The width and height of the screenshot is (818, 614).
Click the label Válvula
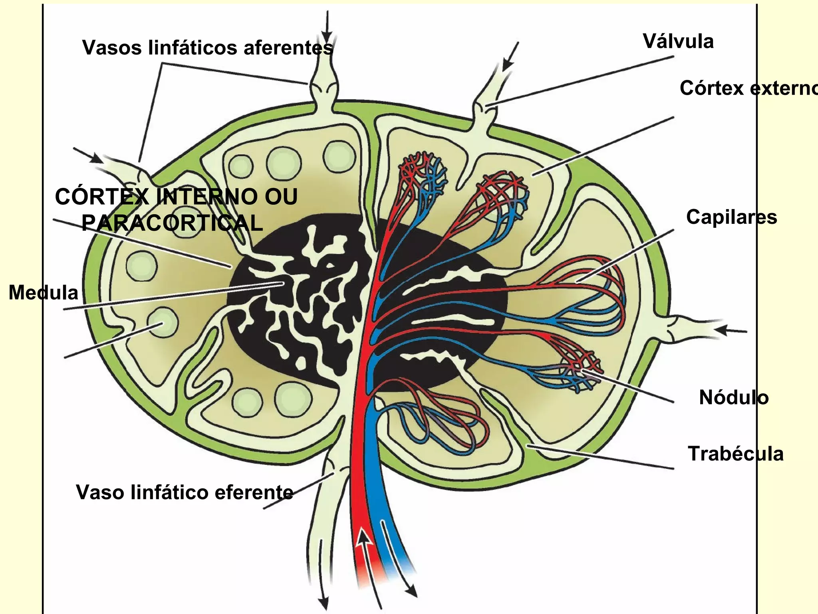coord(678,42)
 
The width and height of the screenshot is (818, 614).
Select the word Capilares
coord(731,217)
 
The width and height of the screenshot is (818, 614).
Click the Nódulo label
coord(733,397)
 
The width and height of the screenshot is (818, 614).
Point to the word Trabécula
coord(735,454)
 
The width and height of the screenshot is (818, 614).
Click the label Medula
coord(43,292)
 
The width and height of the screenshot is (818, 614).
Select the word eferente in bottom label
coord(254,492)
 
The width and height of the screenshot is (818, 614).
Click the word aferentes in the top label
coord(288,48)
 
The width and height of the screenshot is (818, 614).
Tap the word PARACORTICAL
coord(172,223)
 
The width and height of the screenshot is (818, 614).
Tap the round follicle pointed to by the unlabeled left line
coord(162,322)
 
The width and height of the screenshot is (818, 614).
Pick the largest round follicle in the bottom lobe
coord(292,399)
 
